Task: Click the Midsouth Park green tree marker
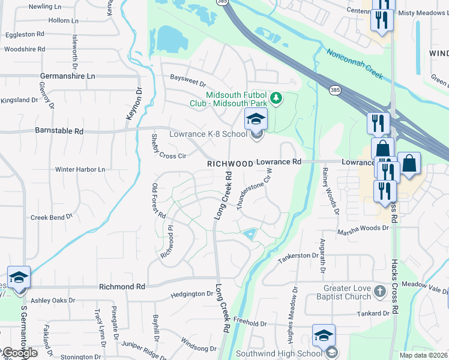[x=276, y=98]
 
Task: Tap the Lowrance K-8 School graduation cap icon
[x=255, y=119]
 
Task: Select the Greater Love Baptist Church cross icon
[x=379, y=292]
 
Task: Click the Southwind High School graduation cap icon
[x=324, y=335]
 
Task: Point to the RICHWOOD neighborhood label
[x=230, y=163]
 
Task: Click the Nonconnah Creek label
[x=355, y=65]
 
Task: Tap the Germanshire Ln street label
[x=68, y=76]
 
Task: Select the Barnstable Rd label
[x=59, y=130]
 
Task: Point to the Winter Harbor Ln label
[x=80, y=169]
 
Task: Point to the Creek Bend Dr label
[x=51, y=217]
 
